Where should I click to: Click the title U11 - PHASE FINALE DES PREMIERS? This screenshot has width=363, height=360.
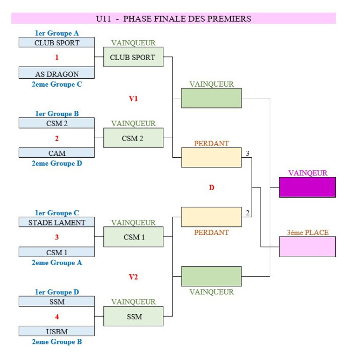pyautogui.click(x=173, y=19)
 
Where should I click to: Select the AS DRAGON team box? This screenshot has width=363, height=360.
pyautogui.click(x=56, y=74)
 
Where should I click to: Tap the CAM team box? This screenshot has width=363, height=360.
pyautogui.click(x=56, y=153)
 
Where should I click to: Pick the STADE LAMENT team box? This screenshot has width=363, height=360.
pyautogui.click(x=56, y=222)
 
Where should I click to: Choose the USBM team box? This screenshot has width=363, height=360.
pyautogui.click(x=56, y=331)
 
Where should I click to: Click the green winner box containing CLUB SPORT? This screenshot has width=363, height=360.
pyautogui.click(x=133, y=57)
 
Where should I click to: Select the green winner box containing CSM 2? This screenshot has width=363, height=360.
pyautogui.click(x=133, y=138)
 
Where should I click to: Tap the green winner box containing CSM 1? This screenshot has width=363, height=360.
pyautogui.click(x=133, y=237)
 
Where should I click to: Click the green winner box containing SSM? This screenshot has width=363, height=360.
pyautogui.click(x=133, y=317)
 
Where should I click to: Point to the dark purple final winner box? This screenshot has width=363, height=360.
pyautogui.click(x=308, y=187)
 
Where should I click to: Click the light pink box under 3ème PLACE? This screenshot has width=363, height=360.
pyautogui.click(x=308, y=247)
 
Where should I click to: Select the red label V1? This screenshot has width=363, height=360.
pyautogui.click(x=133, y=98)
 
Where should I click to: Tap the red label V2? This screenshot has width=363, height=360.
pyautogui.click(x=133, y=277)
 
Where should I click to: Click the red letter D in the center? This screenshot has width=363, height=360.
pyautogui.click(x=211, y=188)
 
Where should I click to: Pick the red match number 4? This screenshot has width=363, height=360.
pyautogui.click(x=56, y=317)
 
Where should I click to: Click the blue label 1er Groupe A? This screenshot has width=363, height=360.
pyautogui.click(x=56, y=33)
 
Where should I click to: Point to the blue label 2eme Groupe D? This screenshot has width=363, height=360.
pyautogui.click(x=56, y=163)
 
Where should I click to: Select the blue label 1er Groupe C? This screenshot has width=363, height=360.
pyautogui.click(x=56, y=213)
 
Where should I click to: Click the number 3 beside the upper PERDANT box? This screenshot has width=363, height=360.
pyautogui.click(x=247, y=153)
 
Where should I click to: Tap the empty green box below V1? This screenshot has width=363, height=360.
pyautogui.click(x=211, y=98)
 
